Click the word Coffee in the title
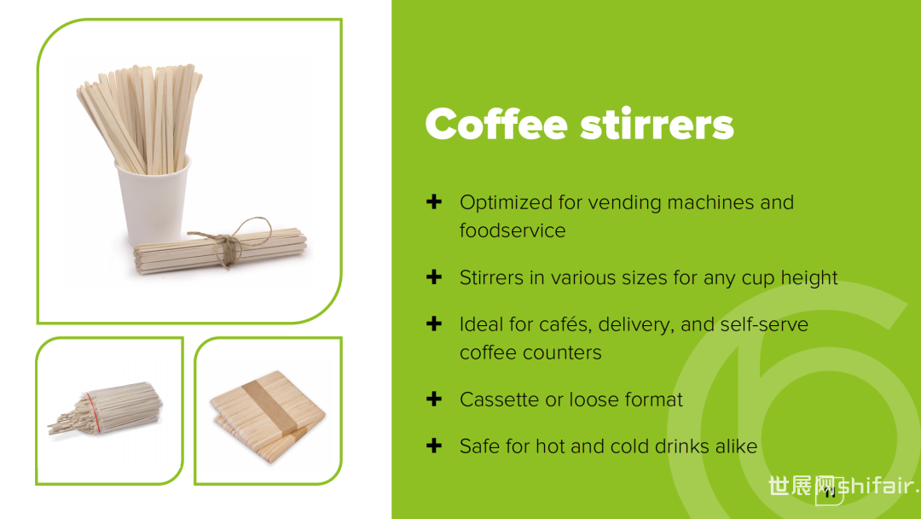click(496, 124)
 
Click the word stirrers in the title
click(657, 124)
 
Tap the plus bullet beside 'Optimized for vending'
click(434, 202)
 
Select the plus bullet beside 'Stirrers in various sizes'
click(434, 277)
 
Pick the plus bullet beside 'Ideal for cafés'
click(434, 324)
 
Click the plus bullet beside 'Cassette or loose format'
click(434, 399)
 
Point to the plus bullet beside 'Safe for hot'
click(434, 446)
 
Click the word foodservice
click(513, 230)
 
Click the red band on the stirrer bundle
click(93, 411)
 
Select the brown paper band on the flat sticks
click(269, 406)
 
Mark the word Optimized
click(507, 203)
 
